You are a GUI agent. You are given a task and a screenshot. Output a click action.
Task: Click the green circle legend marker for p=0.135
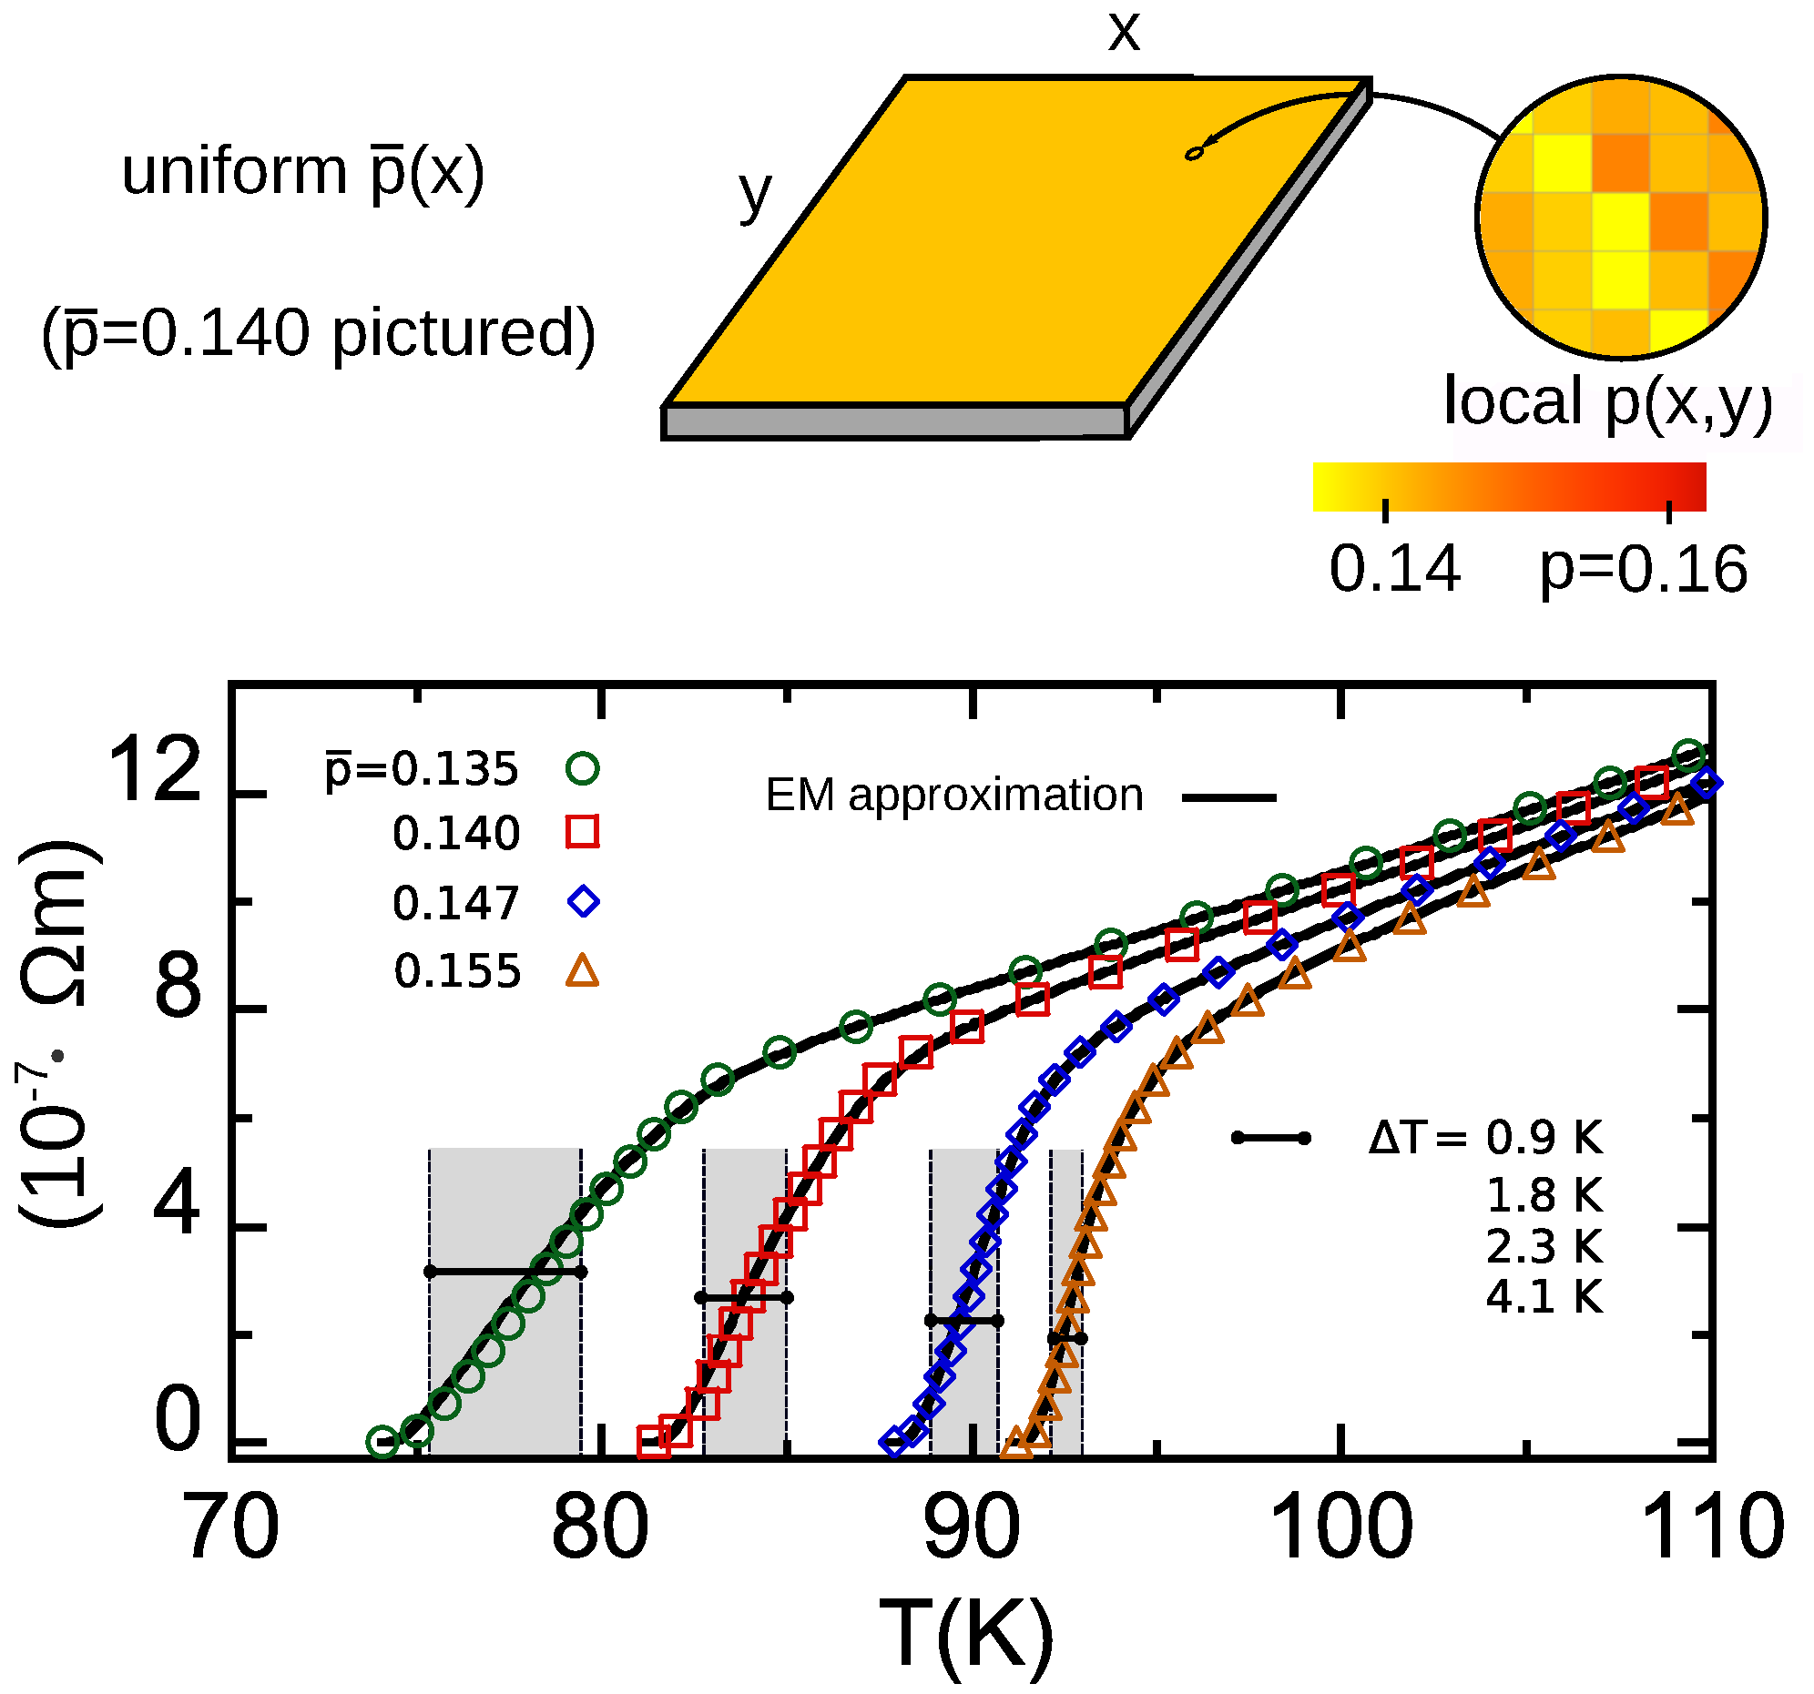click(x=582, y=768)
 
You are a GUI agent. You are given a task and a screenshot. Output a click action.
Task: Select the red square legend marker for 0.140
click(x=582, y=832)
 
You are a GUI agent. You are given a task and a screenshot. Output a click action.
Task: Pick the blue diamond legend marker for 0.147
click(x=583, y=902)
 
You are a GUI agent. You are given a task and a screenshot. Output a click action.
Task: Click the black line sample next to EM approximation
click(x=1228, y=798)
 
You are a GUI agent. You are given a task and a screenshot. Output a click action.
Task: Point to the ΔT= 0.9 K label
click(x=1484, y=1138)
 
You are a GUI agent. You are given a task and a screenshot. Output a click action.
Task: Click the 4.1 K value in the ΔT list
click(x=1544, y=1296)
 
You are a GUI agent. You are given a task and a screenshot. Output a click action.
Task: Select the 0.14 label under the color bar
click(x=1393, y=569)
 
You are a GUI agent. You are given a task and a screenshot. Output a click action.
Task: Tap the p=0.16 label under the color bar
click(x=1643, y=569)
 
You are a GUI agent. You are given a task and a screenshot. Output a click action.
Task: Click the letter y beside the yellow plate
click(x=756, y=193)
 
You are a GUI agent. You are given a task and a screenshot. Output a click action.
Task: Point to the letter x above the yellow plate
click(x=1123, y=32)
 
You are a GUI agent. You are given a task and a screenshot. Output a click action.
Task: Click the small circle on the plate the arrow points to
click(x=1194, y=153)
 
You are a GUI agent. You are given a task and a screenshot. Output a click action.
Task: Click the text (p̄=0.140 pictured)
click(x=319, y=334)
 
